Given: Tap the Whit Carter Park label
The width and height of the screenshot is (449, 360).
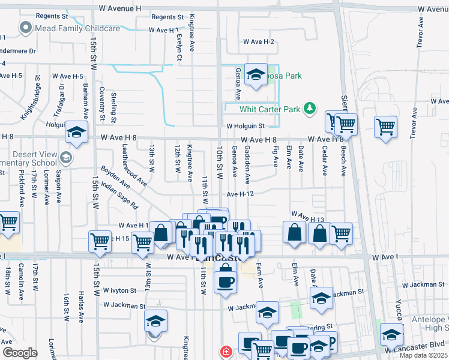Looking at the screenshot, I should tap(269, 109).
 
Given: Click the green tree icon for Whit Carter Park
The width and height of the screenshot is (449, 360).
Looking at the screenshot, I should tap(310, 109).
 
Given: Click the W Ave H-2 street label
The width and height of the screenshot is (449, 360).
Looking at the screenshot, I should tap(258, 42).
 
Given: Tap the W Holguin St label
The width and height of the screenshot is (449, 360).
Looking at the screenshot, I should tap(246, 127).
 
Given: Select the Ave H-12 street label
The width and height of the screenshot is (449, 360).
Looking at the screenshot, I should tap(242, 194).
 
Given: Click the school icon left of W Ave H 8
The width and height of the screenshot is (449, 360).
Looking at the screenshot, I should tap(76, 133).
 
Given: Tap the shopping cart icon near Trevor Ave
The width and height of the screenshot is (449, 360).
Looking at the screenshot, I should tap(385, 127).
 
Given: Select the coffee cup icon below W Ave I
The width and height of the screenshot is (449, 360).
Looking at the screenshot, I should tap(225, 280).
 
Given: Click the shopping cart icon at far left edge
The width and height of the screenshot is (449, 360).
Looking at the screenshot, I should tap(8, 223).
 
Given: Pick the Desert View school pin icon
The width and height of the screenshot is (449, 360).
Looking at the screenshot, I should tap(66, 158).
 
